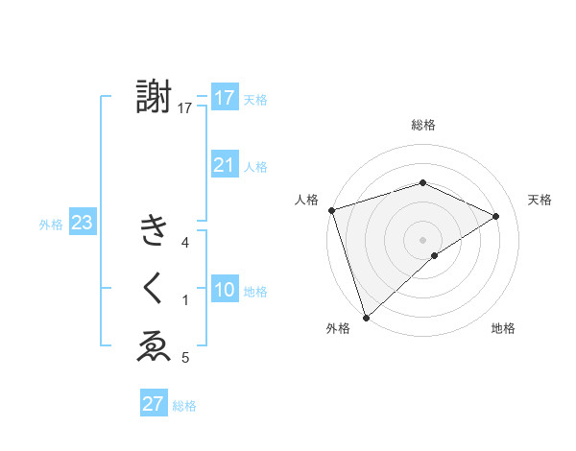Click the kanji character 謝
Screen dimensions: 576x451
coord(154,97)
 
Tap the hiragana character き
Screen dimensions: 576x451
coord(154,231)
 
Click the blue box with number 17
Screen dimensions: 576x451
coord(224,98)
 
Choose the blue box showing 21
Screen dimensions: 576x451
coord(224,165)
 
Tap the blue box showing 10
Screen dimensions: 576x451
coord(224,290)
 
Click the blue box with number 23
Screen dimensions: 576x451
coord(82,224)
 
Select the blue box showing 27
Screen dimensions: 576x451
coord(153,404)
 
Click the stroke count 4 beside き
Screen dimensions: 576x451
coord(185,243)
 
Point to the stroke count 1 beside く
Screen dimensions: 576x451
coord(185,300)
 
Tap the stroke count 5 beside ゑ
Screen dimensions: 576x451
coord(185,358)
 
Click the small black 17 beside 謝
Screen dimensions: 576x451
coord(185,108)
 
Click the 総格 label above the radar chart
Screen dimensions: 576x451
coord(423,125)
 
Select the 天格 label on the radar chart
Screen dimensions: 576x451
coord(540,200)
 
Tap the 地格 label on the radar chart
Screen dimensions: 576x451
coord(503,328)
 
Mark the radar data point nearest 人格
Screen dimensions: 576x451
coord(331,209)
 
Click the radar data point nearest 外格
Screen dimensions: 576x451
coord(366,317)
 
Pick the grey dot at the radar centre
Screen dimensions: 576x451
coord(422,239)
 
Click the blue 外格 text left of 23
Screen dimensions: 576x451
coord(51,225)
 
